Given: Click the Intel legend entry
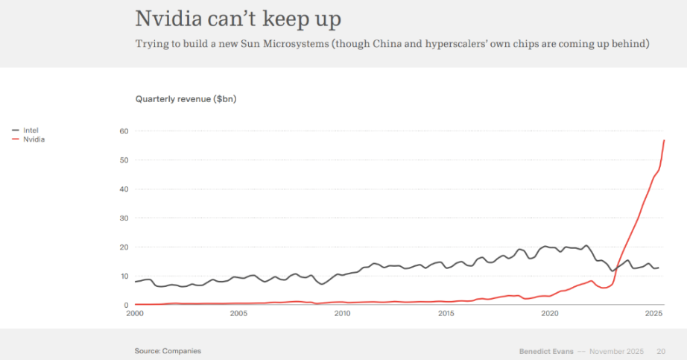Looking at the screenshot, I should (31, 130).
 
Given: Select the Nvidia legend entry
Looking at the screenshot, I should (34, 139).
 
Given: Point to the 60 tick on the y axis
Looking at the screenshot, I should (124, 131).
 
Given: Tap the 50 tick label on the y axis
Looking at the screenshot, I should (124, 160).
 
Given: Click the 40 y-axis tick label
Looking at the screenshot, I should (124, 189).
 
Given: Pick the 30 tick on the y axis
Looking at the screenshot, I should (124, 218).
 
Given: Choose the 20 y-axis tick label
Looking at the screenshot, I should (124, 247).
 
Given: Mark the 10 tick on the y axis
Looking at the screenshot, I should (124, 276).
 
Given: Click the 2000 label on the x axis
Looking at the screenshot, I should (135, 314).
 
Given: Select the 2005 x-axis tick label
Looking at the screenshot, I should (238, 314).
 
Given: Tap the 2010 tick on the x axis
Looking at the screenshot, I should (342, 314).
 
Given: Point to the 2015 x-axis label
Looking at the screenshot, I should (446, 314).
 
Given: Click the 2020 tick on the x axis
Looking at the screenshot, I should (549, 314).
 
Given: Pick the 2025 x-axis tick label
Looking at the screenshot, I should (653, 314).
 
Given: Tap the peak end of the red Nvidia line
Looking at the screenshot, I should (664, 140).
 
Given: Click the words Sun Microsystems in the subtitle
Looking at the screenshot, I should (278, 44).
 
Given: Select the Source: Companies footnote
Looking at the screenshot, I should (168, 350).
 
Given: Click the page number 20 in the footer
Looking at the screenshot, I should (661, 350).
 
